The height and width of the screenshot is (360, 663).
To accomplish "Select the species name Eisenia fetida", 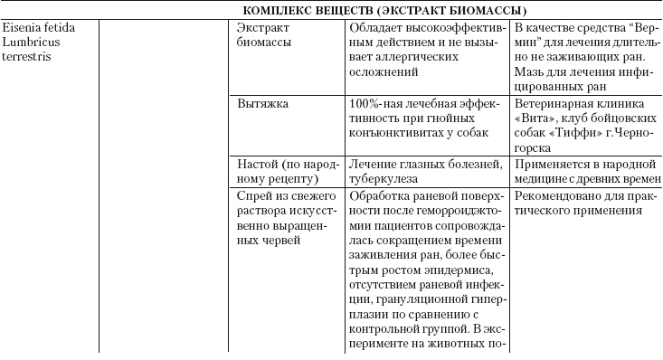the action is pos(39,28).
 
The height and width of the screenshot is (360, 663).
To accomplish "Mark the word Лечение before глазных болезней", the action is pos(374,163).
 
